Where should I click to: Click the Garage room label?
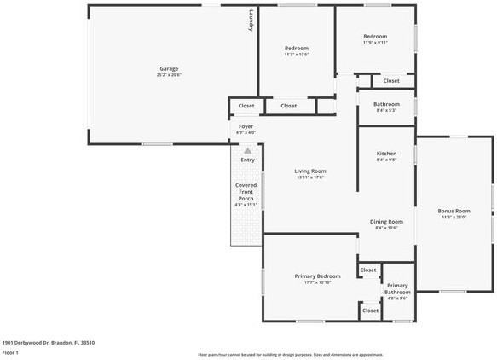(169, 68)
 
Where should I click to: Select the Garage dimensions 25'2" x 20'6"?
(169, 75)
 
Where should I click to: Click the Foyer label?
(246, 126)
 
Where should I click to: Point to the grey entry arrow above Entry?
(247, 150)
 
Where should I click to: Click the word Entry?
(247, 160)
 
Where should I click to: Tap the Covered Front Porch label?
(246, 192)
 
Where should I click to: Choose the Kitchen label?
(386, 154)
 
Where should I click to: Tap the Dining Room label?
(386, 221)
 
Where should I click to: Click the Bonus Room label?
(454, 210)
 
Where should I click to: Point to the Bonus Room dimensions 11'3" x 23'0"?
(454, 217)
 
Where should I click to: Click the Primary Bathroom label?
(396, 287)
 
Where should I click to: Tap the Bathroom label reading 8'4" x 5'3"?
(386, 104)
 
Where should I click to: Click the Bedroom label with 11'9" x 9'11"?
(375, 37)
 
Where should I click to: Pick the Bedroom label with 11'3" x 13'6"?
(296, 48)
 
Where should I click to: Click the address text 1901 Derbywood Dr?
(48, 342)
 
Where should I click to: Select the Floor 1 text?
(11, 352)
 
